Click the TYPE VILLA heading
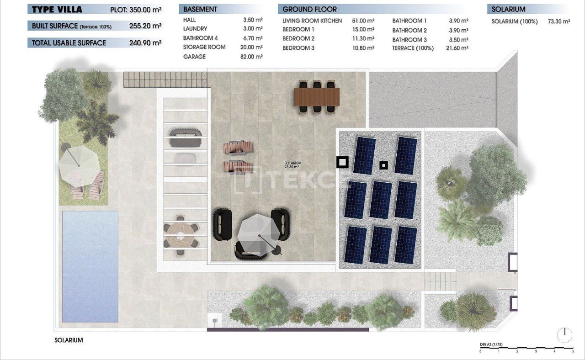(57, 9)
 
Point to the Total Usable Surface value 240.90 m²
(145, 43)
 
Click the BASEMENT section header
(200, 9)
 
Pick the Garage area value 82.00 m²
(253, 57)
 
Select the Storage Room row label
(204, 47)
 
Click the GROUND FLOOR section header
(309, 9)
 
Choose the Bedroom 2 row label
(298, 39)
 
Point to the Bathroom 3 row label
(409, 40)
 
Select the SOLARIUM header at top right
(509, 9)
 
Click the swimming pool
(90, 267)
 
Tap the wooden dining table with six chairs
(317, 96)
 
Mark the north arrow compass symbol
(565, 334)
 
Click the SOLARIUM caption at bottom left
(69, 340)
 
